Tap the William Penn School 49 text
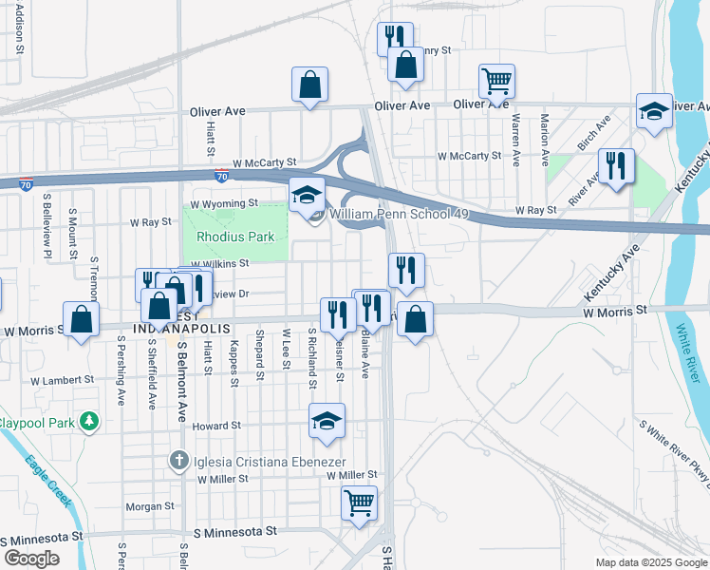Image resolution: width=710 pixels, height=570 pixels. tap(399, 215)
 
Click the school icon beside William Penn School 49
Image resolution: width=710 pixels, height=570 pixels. tap(306, 195)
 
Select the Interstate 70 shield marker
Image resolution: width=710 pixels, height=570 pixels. tap(220, 176)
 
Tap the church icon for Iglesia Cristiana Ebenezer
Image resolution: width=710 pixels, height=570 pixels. tap(177, 461)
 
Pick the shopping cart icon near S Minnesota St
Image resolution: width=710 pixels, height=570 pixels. tap(359, 503)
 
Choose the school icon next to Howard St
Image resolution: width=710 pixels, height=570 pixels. tap(327, 421)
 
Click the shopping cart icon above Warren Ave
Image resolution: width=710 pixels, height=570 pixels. tap(496, 82)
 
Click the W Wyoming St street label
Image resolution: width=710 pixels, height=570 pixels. tap(224, 203)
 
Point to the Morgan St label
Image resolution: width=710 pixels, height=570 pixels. tap(144, 506)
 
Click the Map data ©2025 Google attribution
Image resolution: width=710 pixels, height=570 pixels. tap(649, 562)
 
